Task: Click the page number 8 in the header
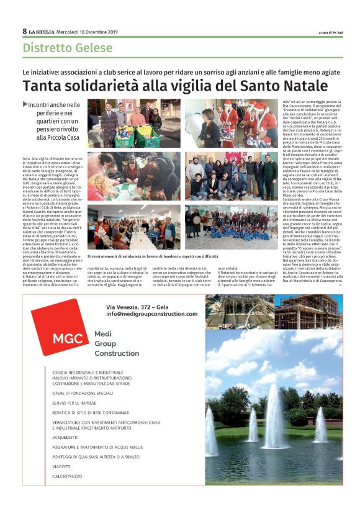[x=24, y=31]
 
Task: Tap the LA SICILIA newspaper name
[x=41, y=32]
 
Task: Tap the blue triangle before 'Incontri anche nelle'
[x=25, y=105]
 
